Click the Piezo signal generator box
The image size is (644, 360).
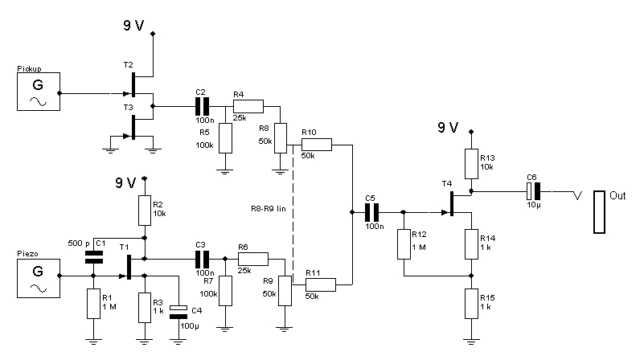pyautogui.click(x=38, y=276)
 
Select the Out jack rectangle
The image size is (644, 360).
pyautogui.click(x=599, y=212)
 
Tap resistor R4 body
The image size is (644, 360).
pyautogui.click(x=248, y=105)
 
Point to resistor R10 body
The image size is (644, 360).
pyautogui.click(x=316, y=145)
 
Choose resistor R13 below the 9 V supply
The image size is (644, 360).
pyautogui.click(x=472, y=161)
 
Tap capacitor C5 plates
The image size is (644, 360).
pyautogui.click(x=371, y=212)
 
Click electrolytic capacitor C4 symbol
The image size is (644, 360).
pyautogui.click(x=179, y=311)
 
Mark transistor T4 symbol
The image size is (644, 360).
pyautogui.click(x=453, y=203)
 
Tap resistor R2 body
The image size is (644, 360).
pyautogui.click(x=144, y=207)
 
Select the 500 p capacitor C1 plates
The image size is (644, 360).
pyautogui.click(x=94, y=256)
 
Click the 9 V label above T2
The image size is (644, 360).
pyautogui.click(x=133, y=25)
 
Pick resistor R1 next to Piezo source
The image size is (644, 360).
pyautogui.click(x=94, y=303)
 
